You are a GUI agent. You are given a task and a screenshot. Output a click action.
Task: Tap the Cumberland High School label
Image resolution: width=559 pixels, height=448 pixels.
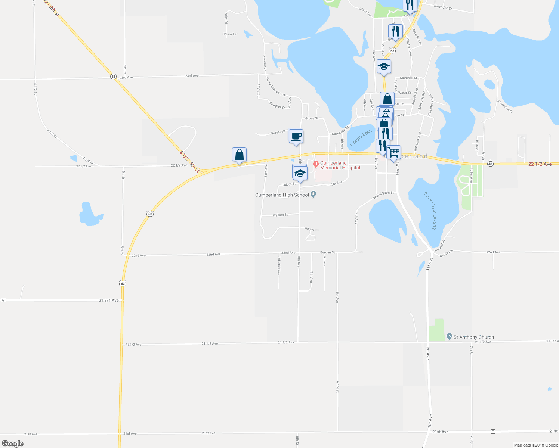282,195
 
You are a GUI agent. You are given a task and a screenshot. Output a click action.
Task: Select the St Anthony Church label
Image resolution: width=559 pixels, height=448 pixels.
473,337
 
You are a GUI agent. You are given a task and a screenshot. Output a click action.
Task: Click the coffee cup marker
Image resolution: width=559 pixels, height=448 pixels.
296,136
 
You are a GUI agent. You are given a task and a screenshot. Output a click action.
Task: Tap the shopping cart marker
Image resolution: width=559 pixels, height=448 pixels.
393,152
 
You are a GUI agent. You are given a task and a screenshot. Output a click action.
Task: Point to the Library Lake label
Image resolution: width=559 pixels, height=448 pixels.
361,138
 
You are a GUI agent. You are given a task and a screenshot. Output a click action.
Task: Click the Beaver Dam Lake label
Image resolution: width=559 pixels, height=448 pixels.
430,211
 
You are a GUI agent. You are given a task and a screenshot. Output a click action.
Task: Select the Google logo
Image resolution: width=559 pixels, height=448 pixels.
13,444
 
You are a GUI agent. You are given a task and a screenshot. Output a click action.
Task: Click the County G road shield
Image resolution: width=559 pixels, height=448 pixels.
3,300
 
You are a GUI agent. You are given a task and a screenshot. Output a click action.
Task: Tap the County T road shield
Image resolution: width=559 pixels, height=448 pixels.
493,432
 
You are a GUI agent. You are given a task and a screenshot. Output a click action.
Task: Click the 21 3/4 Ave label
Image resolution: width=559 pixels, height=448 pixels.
109,300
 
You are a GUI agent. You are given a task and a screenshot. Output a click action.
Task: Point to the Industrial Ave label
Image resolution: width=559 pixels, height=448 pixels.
279,265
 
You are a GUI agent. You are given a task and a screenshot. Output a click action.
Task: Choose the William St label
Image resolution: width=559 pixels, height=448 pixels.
280,215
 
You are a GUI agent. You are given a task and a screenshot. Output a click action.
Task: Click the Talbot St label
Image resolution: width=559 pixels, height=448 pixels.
289,184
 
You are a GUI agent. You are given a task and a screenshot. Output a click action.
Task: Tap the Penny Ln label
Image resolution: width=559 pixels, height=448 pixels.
230,34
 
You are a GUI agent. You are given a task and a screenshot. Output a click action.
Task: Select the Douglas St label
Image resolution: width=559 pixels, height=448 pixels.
277,106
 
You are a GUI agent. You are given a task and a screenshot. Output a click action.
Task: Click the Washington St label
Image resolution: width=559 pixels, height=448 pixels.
383,195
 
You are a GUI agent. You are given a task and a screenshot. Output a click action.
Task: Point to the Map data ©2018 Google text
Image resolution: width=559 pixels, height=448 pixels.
536,445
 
